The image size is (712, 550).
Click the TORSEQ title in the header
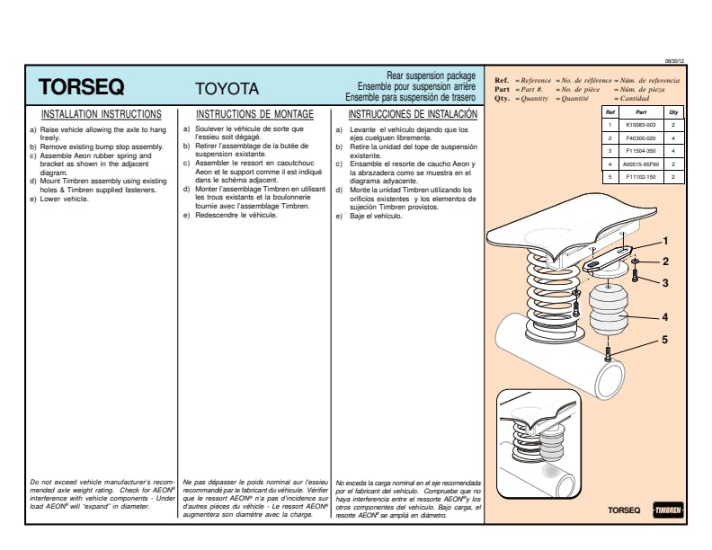click(82, 88)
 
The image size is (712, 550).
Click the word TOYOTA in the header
click(227, 89)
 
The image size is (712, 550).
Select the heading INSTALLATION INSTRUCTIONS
click(102, 115)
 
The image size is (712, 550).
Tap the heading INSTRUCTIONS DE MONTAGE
click(254, 115)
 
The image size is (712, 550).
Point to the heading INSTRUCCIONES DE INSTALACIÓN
click(413, 115)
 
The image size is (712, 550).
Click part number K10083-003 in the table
click(640, 125)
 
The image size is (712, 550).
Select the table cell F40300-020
click(640, 138)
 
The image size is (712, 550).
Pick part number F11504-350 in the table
click(640, 151)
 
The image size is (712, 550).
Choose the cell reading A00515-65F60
click(640, 164)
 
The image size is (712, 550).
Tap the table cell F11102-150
click(640, 177)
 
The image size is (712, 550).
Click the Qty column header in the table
click(674, 111)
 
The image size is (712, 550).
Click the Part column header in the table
click(640, 111)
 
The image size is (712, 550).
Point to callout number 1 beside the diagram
click(665, 241)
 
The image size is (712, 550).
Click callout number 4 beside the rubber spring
click(665, 316)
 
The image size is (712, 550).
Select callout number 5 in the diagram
click(665, 340)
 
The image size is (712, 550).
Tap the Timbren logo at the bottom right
click(667, 510)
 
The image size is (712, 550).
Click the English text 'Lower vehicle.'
click(64, 199)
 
